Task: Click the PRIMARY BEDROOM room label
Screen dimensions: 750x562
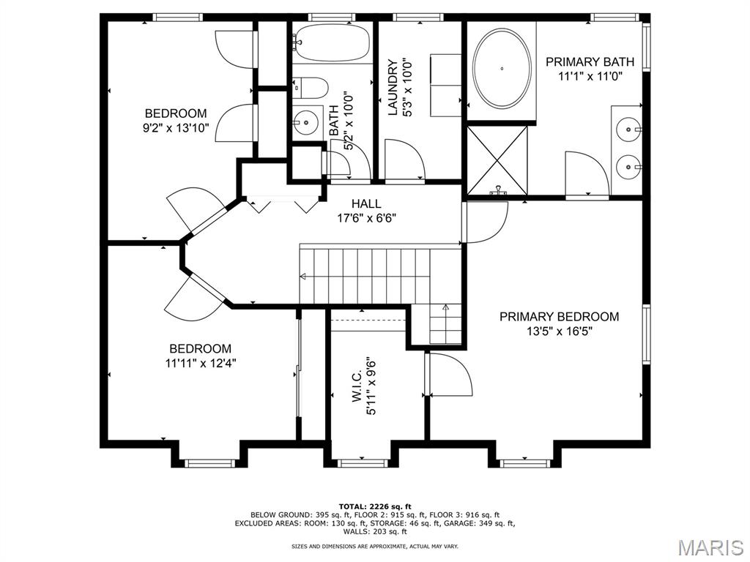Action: pyautogui.click(x=559, y=316)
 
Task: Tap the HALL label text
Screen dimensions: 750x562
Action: pyautogui.click(x=366, y=203)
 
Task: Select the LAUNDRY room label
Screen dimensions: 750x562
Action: pyautogui.click(x=393, y=88)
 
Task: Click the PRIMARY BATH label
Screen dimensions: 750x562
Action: pyautogui.click(x=590, y=61)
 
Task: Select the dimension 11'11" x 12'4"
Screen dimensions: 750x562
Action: pyautogui.click(x=201, y=363)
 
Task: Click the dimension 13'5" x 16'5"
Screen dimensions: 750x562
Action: pyautogui.click(x=560, y=331)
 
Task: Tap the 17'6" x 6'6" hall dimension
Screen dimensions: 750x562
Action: pyautogui.click(x=366, y=218)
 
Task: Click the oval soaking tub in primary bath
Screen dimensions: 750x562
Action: pyautogui.click(x=502, y=68)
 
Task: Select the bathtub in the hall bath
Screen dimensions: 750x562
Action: pyautogui.click(x=332, y=42)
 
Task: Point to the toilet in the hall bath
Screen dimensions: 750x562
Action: pyautogui.click(x=311, y=88)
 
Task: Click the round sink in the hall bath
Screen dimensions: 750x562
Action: pyautogui.click(x=305, y=122)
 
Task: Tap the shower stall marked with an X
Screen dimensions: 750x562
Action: pyautogui.click(x=497, y=160)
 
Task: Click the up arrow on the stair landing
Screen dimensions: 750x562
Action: pyautogui.click(x=446, y=316)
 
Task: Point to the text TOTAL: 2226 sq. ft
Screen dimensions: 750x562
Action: pyautogui.click(x=375, y=506)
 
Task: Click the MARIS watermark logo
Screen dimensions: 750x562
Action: pyautogui.click(x=710, y=547)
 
